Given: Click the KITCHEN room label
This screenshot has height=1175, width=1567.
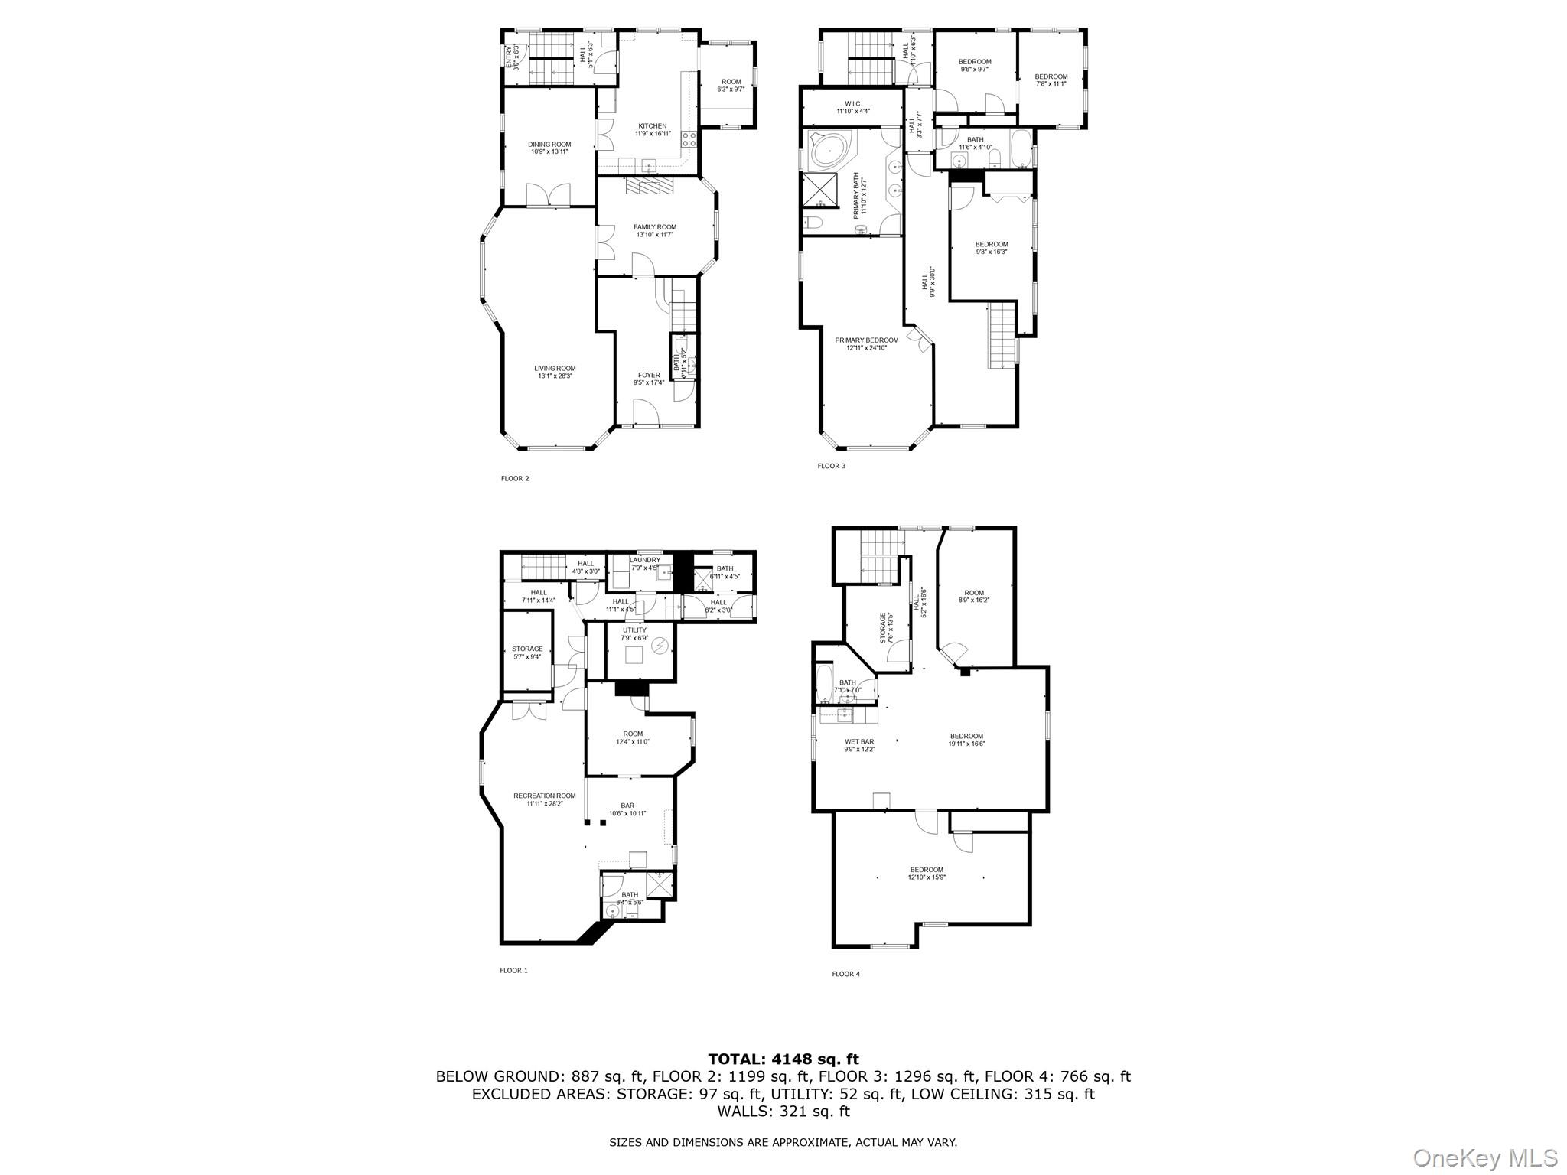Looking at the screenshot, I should [653, 126].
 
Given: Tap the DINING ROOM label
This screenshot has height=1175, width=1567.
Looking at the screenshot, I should [549, 145].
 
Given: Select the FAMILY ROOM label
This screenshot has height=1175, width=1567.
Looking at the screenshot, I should [654, 227].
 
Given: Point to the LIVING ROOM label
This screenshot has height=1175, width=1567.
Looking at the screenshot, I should [555, 369].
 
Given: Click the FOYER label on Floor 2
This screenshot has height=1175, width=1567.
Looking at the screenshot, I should [649, 375].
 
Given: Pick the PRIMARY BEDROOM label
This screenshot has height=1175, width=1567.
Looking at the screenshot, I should [866, 340].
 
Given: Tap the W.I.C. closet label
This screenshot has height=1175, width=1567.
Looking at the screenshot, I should [853, 103].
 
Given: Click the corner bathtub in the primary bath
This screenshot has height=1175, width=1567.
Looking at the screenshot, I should [829, 152].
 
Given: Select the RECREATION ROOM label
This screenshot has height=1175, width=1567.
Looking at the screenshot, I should [544, 796].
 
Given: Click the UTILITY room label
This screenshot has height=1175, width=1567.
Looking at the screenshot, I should [634, 630].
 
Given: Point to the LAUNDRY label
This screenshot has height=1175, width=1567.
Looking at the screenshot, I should [645, 560].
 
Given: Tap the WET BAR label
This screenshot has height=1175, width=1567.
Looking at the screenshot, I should [859, 741].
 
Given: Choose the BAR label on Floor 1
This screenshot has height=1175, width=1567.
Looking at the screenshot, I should [627, 806].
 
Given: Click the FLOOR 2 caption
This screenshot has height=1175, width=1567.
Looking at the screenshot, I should [515, 479].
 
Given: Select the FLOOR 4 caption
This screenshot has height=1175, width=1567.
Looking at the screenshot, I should [845, 974].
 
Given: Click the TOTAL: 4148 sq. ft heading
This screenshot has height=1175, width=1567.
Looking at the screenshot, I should [783, 1059].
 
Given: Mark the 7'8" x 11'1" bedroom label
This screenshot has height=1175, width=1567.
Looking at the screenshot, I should [1051, 76].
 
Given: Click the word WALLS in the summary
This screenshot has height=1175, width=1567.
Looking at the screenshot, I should [740, 1112].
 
